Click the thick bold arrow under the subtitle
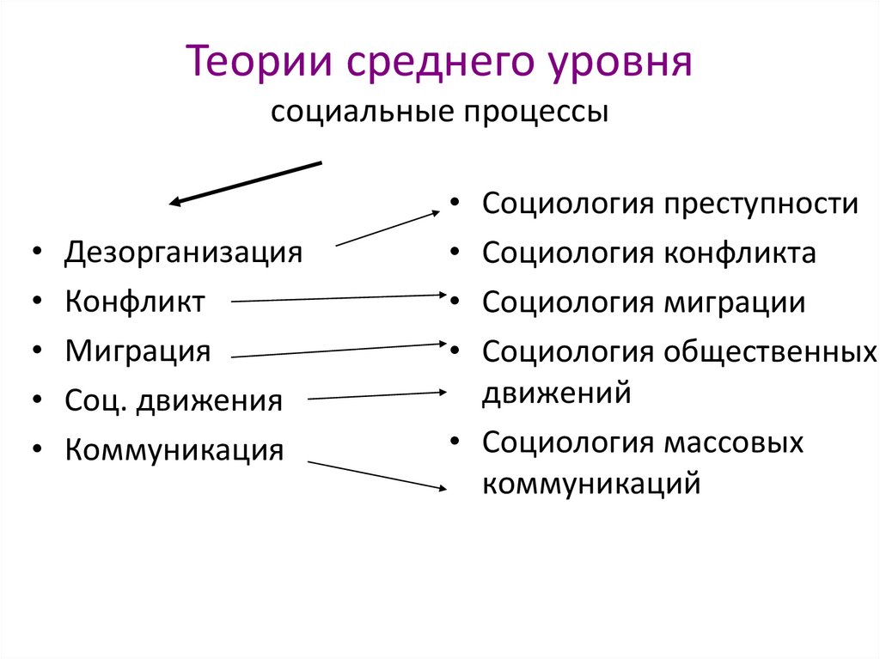coord(246,183)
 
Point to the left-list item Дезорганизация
coord(183,253)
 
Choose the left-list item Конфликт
coord(135,302)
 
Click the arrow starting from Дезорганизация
coord(388,229)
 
